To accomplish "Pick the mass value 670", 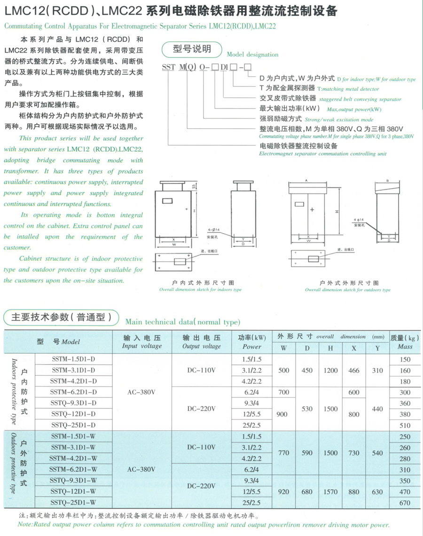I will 405,503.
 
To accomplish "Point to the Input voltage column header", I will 141,342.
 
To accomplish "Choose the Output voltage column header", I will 202,342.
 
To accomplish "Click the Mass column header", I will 405,342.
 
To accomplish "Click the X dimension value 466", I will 354,371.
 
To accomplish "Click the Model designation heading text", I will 252,54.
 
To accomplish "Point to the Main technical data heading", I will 182,322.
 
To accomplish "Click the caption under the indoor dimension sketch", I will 200,287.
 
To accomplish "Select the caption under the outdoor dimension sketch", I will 348,287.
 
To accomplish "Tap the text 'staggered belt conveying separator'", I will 360,99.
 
